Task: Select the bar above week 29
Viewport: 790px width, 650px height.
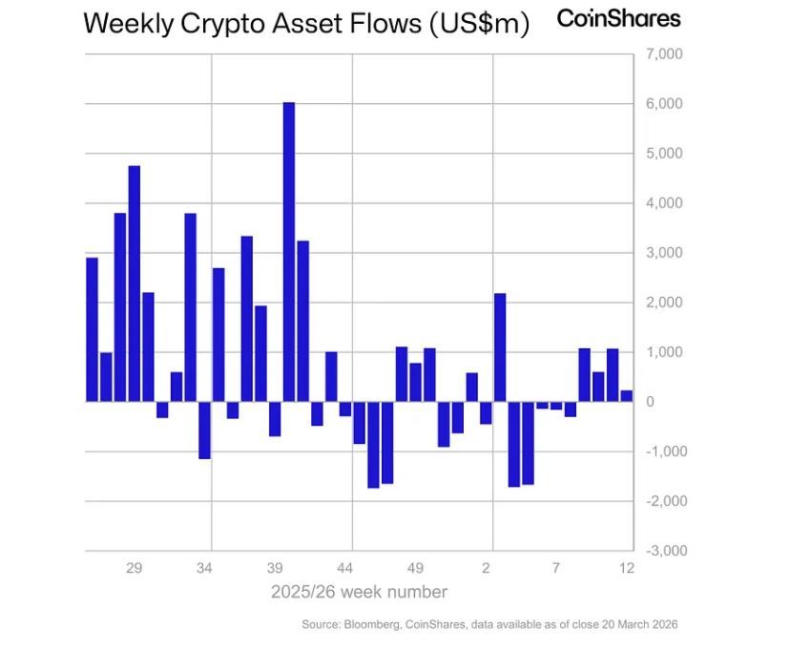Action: click(x=135, y=283)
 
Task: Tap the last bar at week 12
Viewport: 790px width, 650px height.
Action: click(x=626, y=396)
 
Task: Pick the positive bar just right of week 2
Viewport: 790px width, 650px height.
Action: click(x=500, y=347)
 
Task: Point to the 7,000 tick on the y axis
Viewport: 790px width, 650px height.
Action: click(x=664, y=54)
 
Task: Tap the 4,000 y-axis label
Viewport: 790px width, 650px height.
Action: click(x=664, y=203)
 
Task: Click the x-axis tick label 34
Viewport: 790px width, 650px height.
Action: click(x=204, y=568)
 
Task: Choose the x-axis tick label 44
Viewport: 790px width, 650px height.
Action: click(x=345, y=568)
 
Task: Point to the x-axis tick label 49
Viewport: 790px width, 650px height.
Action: click(x=416, y=568)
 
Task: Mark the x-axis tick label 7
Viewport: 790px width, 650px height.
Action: click(x=555, y=568)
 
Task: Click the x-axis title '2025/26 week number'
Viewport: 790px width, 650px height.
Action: click(x=359, y=592)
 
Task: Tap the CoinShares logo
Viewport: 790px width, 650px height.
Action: click(x=618, y=18)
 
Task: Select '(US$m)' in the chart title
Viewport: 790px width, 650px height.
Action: click(x=479, y=23)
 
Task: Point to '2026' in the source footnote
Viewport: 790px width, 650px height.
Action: click(x=662, y=624)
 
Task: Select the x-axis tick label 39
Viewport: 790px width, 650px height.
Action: click(x=275, y=568)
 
